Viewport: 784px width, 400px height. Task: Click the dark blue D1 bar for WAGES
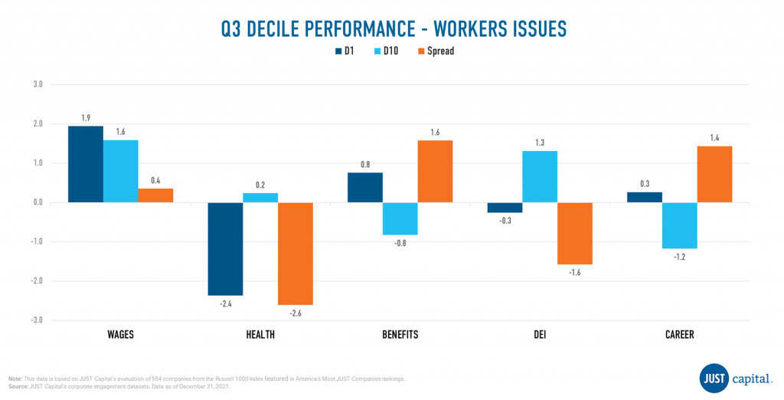[x=85, y=164]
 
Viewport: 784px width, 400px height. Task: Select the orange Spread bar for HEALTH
[x=295, y=254]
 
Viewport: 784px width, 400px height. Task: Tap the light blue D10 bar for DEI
[x=540, y=177]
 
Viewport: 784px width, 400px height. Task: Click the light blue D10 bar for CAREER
[x=680, y=225]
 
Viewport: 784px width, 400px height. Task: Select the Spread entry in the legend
[x=433, y=51]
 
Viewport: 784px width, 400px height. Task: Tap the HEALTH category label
[x=260, y=334]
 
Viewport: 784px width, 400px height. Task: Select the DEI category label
[x=540, y=334]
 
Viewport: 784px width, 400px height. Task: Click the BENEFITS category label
[x=400, y=334]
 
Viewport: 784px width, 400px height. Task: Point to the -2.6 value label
[x=295, y=313]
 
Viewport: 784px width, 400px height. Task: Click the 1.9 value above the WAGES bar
[x=86, y=118]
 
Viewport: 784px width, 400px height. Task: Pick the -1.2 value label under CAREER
[x=680, y=257]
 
